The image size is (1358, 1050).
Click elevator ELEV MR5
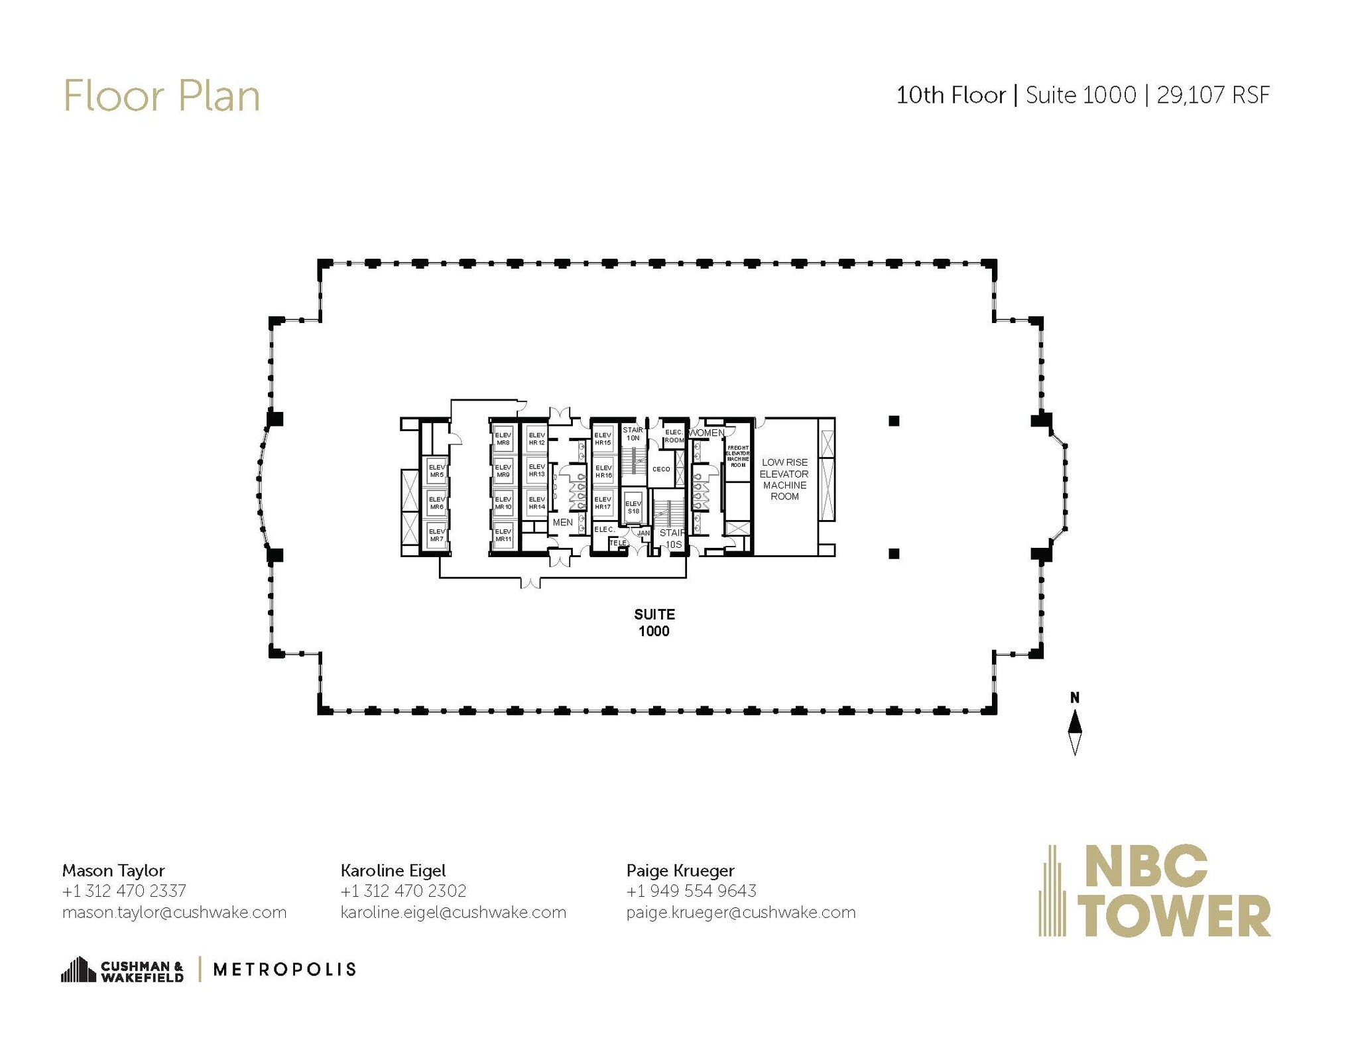(436, 471)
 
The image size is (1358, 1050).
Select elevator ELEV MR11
(503, 535)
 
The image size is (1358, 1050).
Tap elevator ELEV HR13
(536, 470)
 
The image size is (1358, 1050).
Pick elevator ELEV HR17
(603, 503)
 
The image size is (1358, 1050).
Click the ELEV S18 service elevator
(633, 507)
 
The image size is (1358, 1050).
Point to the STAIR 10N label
(633, 434)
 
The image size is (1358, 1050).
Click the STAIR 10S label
(672, 539)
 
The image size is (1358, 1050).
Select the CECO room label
(661, 469)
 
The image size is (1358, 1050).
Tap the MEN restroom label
(562, 523)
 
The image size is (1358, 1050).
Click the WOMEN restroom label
(707, 433)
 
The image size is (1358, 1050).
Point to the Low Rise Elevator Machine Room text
(784, 479)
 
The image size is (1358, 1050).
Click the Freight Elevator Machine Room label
(738, 456)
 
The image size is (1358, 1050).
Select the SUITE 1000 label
(654, 622)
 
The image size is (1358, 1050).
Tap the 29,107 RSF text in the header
(1213, 96)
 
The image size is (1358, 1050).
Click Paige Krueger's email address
(741, 912)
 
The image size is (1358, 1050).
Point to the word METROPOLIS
(284, 970)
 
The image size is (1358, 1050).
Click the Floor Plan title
(161, 96)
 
